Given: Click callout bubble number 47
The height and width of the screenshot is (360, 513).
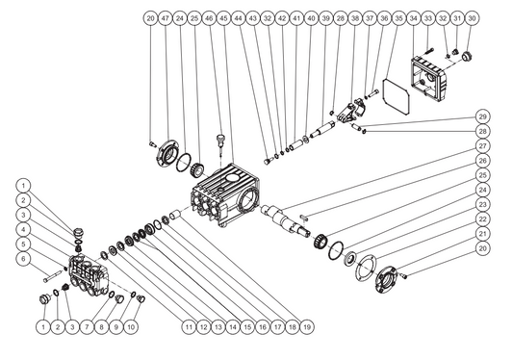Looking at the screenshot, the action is pos(166,18).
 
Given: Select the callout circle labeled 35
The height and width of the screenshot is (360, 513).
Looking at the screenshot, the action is pos(398,18).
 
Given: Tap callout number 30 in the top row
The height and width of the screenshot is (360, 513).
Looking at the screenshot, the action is pos(472,18).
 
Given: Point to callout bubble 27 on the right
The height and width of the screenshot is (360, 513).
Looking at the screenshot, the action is pos(482,146).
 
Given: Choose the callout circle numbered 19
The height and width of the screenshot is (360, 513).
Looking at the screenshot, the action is pos(307,326).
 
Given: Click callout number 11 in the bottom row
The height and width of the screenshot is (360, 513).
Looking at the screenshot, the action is pos(189,326).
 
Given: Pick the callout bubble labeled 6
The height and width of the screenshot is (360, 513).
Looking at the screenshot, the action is pos(23,259).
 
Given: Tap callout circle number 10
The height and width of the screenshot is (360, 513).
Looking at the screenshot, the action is pos(131,326).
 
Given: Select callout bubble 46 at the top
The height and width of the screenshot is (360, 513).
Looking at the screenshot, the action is pos(209,18).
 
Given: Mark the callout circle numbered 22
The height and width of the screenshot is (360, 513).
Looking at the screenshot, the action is pos(482,219).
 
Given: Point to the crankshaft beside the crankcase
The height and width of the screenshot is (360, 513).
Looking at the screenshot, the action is pos(285,220).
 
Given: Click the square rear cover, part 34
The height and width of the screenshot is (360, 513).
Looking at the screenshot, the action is pos(429,78).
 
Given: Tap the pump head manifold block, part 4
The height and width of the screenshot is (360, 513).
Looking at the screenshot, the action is pos(89,275).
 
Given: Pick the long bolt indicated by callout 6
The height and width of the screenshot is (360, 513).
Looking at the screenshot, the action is pos(52,275).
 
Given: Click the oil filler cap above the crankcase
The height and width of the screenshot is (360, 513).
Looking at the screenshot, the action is pos(221,141).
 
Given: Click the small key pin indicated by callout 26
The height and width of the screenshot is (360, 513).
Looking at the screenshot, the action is pos(304,217).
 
